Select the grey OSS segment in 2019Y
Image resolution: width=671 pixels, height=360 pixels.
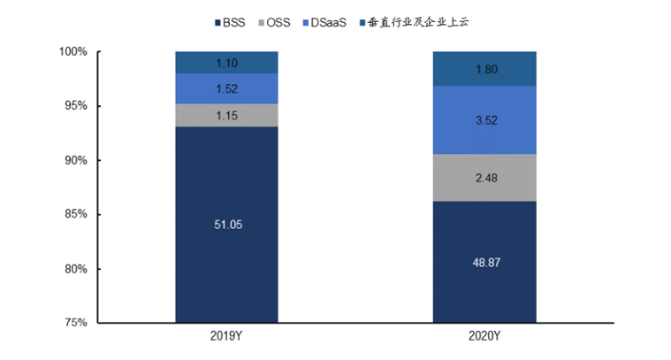pyautogui.click(x=226, y=115)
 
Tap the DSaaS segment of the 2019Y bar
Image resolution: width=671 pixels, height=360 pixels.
pyautogui.click(x=226, y=88)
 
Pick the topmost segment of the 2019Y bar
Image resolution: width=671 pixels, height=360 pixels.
pyautogui.click(x=226, y=62)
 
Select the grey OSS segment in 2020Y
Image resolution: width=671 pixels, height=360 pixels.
pyautogui.click(x=484, y=178)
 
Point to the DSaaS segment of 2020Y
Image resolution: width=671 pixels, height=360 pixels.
pyautogui.click(x=484, y=119)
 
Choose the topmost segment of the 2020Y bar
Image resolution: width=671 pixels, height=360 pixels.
pyautogui.click(x=484, y=68)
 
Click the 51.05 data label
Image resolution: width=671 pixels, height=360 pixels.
pyautogui.click(x=227, y=225)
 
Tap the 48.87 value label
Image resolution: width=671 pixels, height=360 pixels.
pyautogui.click(x=484, y=263)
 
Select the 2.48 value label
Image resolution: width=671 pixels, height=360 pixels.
pyautogui.click(x=484, y=178)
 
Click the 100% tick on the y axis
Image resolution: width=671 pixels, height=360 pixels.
pyautogui.click(x=73, y=52)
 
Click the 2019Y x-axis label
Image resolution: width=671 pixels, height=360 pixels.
pyautogui.click(x=226, y=338)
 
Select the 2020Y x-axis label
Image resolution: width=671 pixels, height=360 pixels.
pyautogui.click(x=484, y=338)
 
